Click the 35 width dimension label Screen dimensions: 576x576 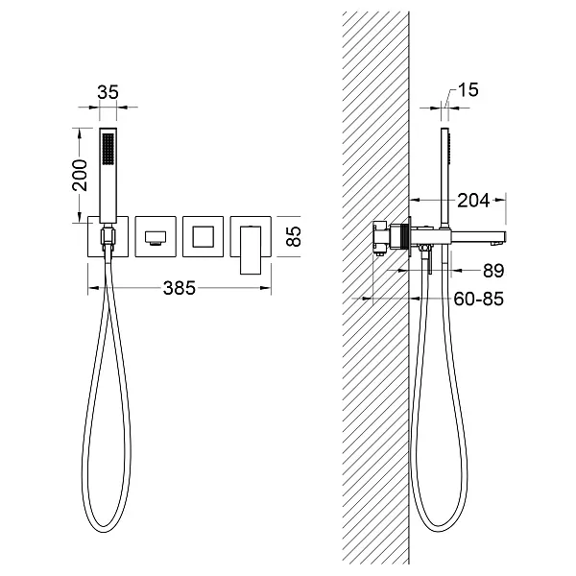(x=108, y=92)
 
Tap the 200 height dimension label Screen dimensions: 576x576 (x=80, y=176)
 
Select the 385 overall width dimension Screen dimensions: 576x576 (x=180, y=288)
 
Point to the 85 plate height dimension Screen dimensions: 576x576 (x=294, y=236)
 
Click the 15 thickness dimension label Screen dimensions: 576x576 (x=468, y=90)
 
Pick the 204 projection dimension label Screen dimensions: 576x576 (x=473, y=201)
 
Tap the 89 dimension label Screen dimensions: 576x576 (x=493, y=271)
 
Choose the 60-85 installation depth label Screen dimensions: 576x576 (x=478, y=299)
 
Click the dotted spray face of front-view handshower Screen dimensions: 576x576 (x=108, y=149)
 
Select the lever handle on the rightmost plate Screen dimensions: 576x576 (x=251, y=251)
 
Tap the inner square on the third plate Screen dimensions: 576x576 (x=203, y=237)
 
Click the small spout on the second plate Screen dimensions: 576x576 (x=156, y=238)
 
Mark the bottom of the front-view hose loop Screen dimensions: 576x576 (x=105, y=532)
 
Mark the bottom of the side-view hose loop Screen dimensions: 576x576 (x=438, y=531)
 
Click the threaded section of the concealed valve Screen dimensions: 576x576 (x=406, y=237)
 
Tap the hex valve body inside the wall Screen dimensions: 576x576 (x=381, y=237)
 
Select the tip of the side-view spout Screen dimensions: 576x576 (x=505, y=236)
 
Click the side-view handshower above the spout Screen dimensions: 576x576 (x=445, y=178)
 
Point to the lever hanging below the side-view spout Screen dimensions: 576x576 (x=427, y=259)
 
